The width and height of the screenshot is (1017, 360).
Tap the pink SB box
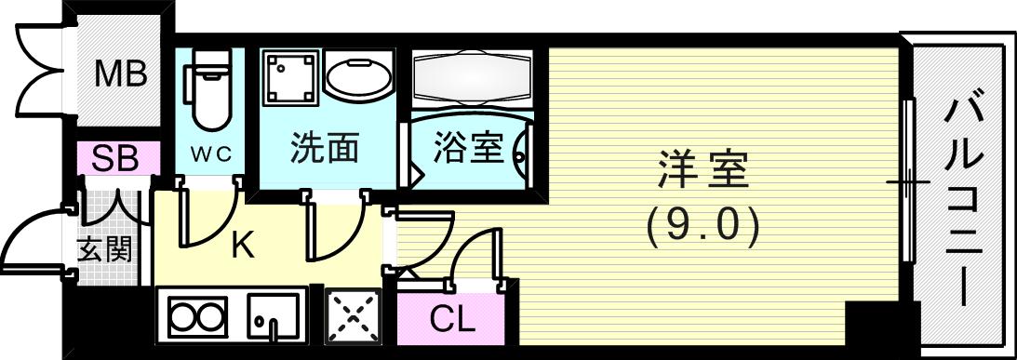point(114,159)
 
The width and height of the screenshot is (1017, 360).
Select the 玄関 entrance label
point(103,248)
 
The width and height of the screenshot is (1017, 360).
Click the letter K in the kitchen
point(242,246)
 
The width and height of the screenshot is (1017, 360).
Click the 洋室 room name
point(703,171)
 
